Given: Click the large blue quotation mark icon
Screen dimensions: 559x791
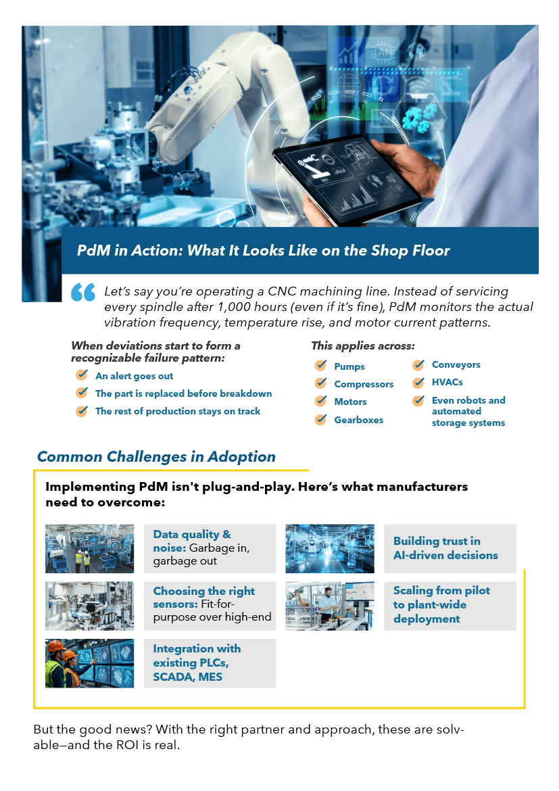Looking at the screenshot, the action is point(83,292).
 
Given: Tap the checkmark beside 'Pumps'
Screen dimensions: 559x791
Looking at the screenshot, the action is point(321,365).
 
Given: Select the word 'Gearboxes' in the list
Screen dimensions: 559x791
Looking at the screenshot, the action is point(359,420).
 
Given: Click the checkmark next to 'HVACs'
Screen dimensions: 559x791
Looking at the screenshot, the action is point(419,383).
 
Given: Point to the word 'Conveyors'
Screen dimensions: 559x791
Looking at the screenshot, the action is point(456,364).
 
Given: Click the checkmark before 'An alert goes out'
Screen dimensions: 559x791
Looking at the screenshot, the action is point(82,375).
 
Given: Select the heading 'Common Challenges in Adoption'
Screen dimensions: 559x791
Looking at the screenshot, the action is point(156,456).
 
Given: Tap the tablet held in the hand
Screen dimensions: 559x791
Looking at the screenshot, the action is point(347,178).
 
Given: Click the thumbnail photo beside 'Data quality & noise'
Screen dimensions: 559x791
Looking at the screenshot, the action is point(90,548).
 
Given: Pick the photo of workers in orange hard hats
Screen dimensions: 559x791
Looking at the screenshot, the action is point(90,663).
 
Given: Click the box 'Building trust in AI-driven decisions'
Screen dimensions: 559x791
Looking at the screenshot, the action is point(450,548).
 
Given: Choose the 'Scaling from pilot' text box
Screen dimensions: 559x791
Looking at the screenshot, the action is point(450,606).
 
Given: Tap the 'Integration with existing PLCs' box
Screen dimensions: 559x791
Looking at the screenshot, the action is point(210,663).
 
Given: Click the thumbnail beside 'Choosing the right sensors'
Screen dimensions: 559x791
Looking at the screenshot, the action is point(90,606).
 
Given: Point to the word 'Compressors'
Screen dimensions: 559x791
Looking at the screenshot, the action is point(364,384).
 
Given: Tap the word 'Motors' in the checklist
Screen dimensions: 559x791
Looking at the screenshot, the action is point(350,402).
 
